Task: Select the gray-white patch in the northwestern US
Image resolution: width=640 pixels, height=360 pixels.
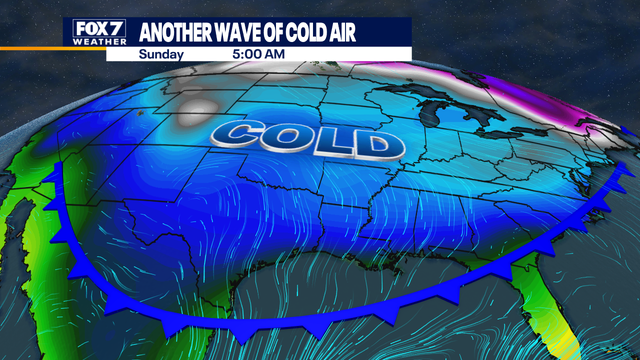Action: pyautogui.click(x=200, y=110)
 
